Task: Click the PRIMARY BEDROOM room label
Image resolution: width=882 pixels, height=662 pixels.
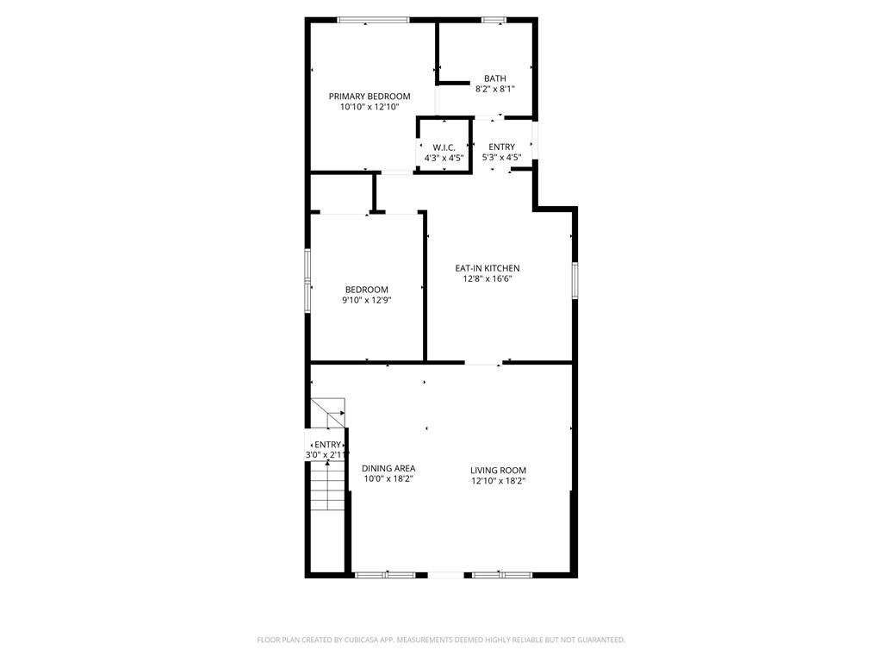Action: [x=370, y=96]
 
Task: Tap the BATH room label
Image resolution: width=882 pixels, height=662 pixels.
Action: [x=494, y=78]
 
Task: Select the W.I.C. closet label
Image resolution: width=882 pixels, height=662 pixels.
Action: [x=444, y=147]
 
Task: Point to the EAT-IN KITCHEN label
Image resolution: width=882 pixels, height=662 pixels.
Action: [x=488, y=268]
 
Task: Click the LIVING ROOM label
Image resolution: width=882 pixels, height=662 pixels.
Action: [x=498, y=470]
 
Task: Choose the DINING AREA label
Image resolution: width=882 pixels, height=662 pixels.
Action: [x=388, y=468]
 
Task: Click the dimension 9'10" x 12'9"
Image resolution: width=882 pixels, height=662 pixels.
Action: [x=367, y=300]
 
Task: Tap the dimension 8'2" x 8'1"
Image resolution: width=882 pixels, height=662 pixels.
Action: [x=494, y=89]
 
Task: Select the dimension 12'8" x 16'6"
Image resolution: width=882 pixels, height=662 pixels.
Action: [x=488, y=278]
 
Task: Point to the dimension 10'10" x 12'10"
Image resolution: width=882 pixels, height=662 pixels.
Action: [x=370, y=107]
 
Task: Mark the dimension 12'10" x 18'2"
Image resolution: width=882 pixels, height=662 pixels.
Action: [x=498, y=480]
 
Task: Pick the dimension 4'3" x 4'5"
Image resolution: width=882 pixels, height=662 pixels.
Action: [x=444, y=158]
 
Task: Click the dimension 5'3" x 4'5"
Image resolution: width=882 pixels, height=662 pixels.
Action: [x=501, y=157]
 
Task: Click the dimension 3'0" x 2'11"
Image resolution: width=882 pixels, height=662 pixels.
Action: [x=327, y=454]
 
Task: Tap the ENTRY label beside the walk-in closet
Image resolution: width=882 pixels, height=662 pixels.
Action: [x=501, y=147]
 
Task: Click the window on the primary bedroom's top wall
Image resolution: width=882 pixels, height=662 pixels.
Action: [x=372, y=20]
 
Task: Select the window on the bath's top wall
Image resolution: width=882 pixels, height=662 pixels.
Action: [x=494, y=20]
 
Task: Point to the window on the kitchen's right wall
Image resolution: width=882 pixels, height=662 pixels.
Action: [x=575, y=280]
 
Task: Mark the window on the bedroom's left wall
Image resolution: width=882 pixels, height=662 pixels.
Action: [x=308, y=279]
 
